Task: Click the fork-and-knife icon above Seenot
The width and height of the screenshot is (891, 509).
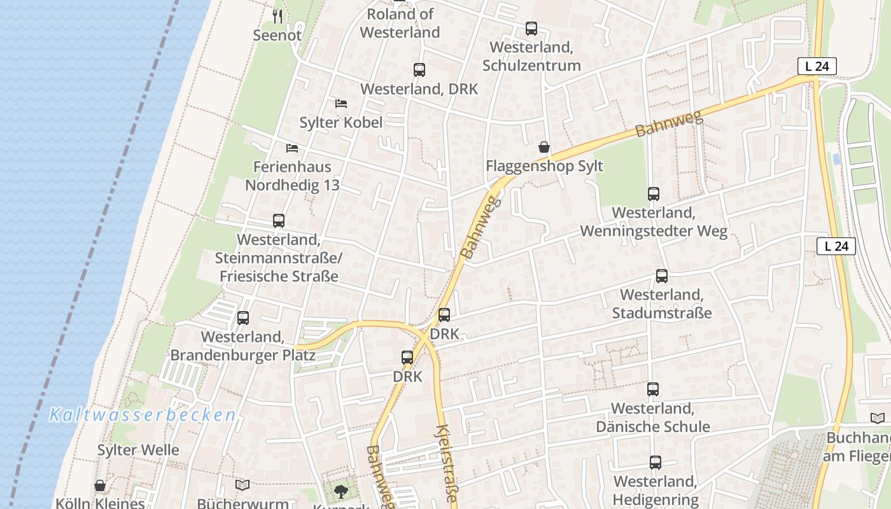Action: (x=277, y=16)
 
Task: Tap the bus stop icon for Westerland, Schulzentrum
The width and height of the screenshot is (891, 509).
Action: (x=531, y=29)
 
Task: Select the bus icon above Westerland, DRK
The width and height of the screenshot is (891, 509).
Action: (x=419, y=70)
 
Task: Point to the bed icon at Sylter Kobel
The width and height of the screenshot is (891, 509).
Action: (x=341, y=104)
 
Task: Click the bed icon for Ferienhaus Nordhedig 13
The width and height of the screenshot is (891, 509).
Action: (x=292, y=148)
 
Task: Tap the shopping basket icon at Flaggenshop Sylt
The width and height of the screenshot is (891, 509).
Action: (x=544, y=148)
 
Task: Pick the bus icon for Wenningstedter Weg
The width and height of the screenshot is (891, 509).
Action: (x=654, y=194)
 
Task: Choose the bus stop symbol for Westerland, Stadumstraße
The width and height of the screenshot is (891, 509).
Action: (x=662, y=276)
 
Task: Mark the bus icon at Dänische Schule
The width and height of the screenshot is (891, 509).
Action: (x=653, y=389)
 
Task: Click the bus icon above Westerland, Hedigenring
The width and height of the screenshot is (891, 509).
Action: (x=656, y=463)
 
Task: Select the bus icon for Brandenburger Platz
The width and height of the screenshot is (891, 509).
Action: (x=243, y=318)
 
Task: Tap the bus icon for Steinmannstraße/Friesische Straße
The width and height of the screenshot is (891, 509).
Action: (x=279, y=221)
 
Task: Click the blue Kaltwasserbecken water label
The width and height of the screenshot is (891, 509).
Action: (x=143, y=415)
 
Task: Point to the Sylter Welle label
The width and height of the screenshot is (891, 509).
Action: (x=138, y=450)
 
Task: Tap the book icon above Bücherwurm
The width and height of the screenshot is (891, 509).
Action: (x=242, y=485)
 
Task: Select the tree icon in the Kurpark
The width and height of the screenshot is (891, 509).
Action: (x=342, y=491)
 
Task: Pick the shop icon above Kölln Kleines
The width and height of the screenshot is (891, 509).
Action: (x=100, y=486)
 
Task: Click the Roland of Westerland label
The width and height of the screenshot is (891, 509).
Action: (x=401, y=23)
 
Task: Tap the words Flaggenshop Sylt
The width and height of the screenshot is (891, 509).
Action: (x=544, y=166)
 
